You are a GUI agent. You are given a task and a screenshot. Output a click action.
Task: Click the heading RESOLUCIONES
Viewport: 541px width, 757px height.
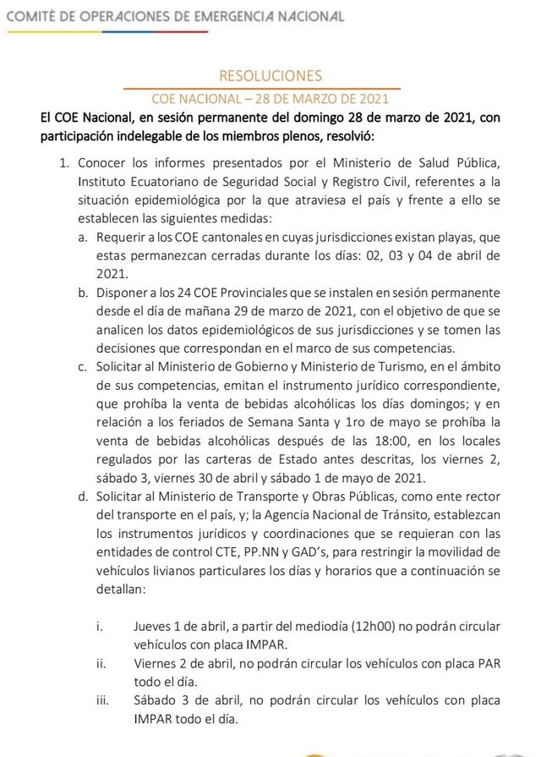tap(270, 76)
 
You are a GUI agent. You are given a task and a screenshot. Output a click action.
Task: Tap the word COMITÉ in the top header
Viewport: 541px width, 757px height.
tap(32, 16)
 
